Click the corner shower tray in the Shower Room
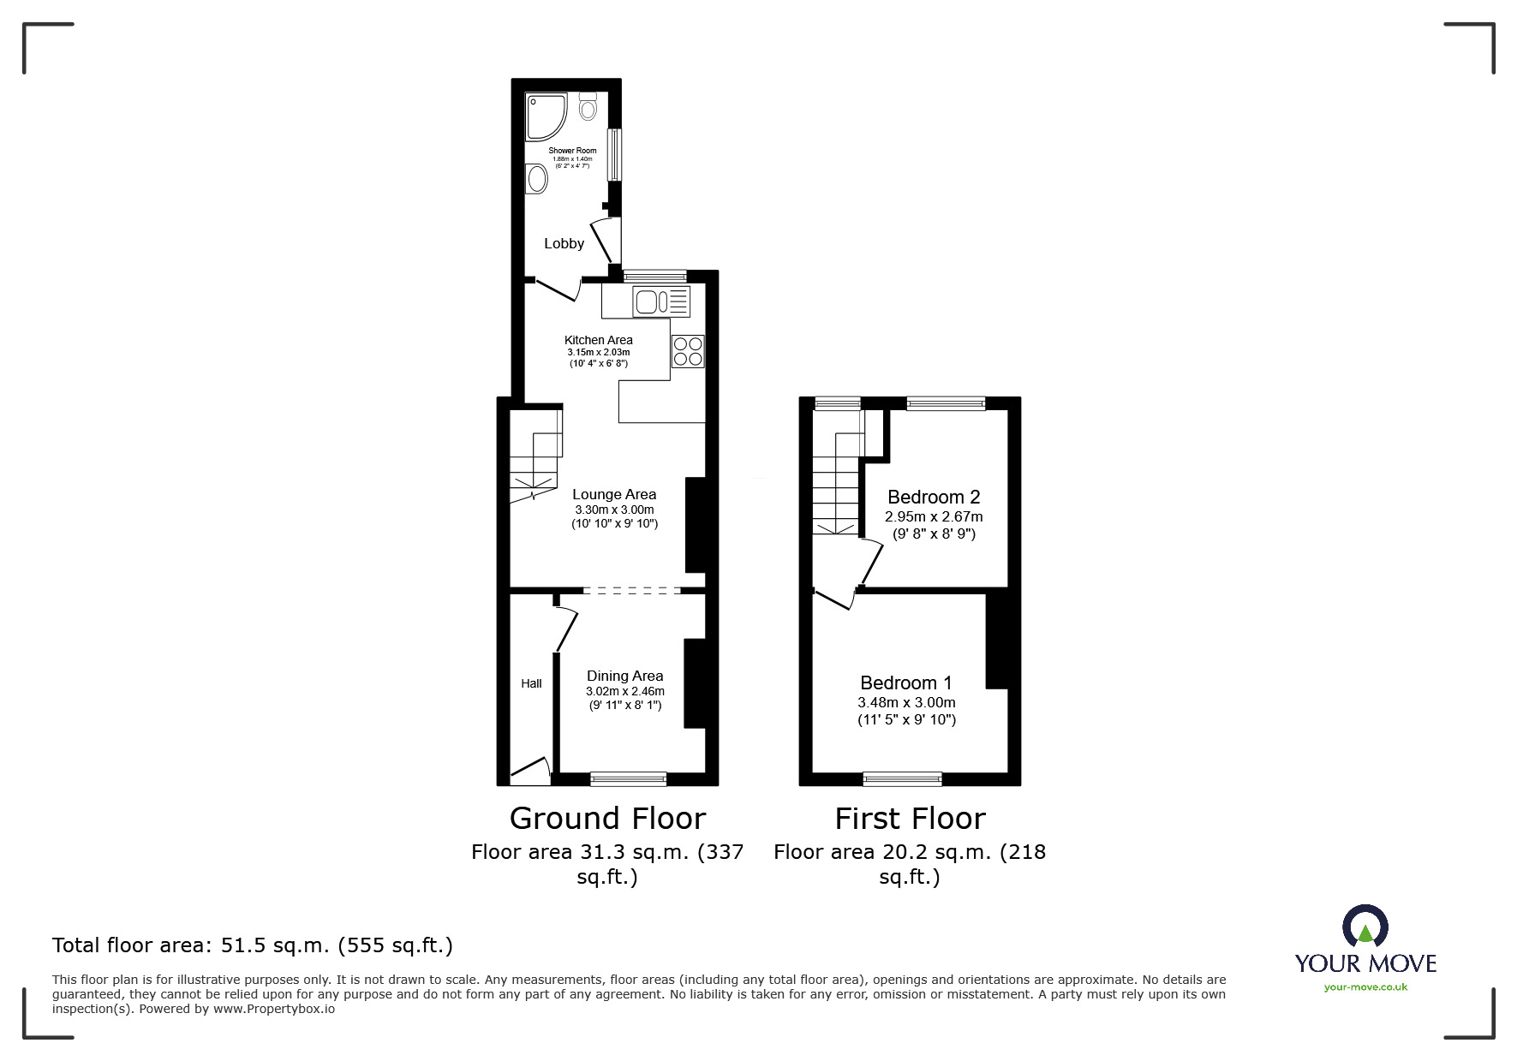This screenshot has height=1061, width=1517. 545,116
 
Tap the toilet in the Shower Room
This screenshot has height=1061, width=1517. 588,107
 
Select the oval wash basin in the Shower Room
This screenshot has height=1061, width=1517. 537,180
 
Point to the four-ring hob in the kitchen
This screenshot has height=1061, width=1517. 688,351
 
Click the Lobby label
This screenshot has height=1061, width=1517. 564,244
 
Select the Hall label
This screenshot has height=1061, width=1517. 531,683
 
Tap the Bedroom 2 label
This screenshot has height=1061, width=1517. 934,497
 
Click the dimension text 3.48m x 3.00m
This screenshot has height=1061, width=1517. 906,702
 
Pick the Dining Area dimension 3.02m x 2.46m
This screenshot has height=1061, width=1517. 624,691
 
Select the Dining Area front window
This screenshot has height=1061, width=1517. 628,778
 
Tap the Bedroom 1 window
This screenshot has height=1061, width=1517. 902,778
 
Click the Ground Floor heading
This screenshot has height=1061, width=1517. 607,818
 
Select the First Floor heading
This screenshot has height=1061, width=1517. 910,818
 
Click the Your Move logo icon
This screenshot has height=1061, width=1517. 1365,927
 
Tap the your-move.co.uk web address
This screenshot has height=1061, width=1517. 1365,987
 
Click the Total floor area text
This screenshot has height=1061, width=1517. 252,945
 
